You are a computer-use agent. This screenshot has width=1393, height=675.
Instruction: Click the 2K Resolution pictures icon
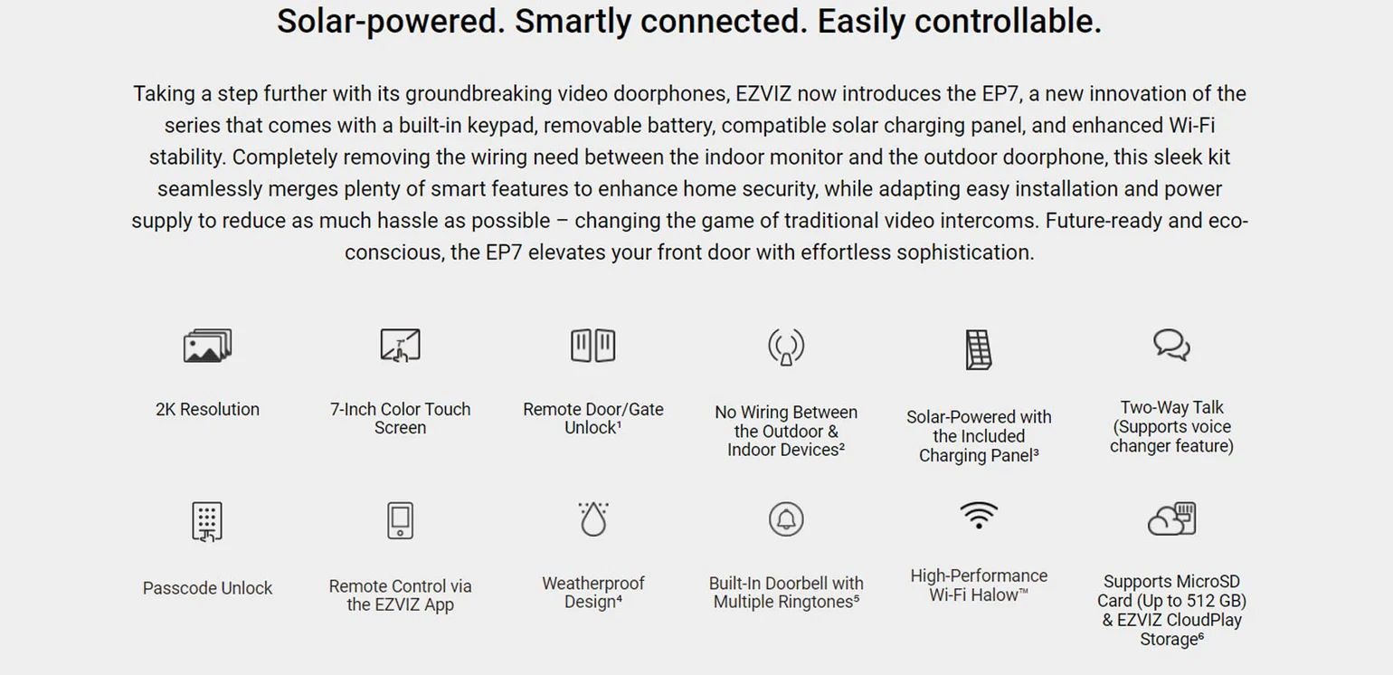tap(207, 346)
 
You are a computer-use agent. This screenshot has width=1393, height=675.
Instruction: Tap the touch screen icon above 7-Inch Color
tap(400, 346)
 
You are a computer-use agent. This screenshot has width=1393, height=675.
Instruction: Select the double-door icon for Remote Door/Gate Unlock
tap(593, 346)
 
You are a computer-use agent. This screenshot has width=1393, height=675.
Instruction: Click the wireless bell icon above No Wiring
tap(786, 347)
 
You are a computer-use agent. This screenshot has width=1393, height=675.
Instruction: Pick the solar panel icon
tap(979, 349)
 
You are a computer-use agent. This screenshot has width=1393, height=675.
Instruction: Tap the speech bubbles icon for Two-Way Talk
tap(1171, 346)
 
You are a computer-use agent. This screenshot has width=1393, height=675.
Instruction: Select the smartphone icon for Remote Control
tap(400, 520)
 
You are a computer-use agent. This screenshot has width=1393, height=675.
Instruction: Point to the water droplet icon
tap(593, 518)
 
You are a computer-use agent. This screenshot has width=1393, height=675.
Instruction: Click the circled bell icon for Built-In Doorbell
tap(786, 518)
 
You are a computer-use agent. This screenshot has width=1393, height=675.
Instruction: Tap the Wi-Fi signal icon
tap(979, 516)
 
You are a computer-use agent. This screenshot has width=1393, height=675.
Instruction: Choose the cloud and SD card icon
tap(1171, 518)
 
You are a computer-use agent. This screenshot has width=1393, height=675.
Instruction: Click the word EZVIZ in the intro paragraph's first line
tap(763, 94)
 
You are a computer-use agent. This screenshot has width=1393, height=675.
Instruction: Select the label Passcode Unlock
tap(207, 588)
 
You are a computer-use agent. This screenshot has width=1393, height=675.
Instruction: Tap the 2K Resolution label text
tap(207, 409)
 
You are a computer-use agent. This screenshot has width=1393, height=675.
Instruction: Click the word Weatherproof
tap(593, 584)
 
